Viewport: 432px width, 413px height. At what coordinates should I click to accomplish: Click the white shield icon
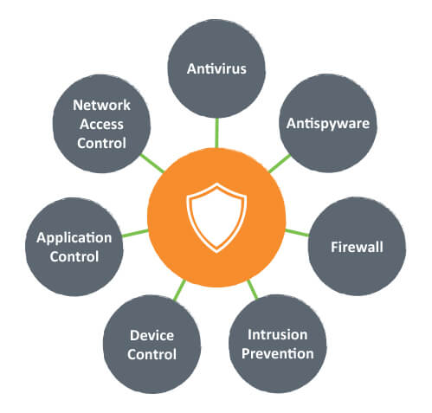216,217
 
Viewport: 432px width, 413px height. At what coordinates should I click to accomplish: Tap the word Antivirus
216,68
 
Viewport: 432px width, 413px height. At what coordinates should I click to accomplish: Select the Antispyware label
328,124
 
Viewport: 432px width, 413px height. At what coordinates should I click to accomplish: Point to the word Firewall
357,247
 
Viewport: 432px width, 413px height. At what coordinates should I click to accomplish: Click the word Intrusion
278,335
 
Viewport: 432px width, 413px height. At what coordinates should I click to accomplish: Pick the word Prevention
278,354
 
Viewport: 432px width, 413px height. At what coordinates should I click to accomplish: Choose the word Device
152,335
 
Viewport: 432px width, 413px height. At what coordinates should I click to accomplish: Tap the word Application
74,238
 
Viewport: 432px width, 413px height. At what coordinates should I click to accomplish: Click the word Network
101,105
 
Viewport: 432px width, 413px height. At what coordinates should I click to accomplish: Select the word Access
101,124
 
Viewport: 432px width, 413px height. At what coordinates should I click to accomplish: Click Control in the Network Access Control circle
101,143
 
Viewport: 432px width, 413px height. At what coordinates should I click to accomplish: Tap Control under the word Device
152,354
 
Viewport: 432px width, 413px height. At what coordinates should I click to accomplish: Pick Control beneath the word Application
74,257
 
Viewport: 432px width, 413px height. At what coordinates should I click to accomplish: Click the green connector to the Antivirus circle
216,133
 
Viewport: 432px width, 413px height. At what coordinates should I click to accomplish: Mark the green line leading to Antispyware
280,164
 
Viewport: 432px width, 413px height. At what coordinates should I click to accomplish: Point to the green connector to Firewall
297,233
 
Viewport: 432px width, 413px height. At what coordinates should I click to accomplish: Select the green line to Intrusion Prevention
253,289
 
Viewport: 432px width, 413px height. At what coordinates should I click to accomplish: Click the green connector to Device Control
180,290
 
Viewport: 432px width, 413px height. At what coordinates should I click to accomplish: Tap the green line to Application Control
135,233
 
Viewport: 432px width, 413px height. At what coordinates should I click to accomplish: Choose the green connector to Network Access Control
152,164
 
